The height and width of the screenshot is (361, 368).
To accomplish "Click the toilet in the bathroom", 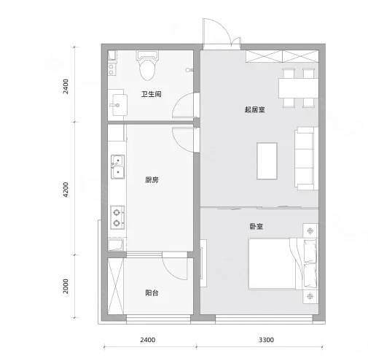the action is [x=147, y=65].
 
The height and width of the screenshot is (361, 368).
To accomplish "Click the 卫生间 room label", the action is [x=152, y=94].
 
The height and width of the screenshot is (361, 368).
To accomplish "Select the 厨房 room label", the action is [x=152, y=179].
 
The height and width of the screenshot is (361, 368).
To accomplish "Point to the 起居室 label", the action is [x=254, y=109].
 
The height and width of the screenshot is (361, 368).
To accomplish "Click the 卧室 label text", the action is [x=256, y=226].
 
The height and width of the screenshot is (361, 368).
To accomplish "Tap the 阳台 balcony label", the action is [x=152, y=292].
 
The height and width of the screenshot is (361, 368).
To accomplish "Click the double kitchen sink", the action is [x=118, y=166].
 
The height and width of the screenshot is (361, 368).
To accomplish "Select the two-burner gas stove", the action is [x=117, y=217].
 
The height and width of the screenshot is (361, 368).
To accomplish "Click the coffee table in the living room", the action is [x=267, y=161].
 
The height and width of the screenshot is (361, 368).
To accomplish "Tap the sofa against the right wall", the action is [x=306, y=158].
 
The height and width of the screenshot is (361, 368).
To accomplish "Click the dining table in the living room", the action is [x=299, y=88].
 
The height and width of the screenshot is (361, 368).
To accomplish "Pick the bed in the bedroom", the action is [x=283, y=263].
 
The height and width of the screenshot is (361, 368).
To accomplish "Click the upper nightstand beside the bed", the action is [x=310, y=230].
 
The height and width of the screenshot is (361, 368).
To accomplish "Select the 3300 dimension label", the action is [x=266, y=340].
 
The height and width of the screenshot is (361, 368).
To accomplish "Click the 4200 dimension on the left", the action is [x=66, y=190].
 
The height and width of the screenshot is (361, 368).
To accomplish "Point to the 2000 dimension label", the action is [x=66, y=286].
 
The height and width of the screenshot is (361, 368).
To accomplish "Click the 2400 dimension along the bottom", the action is [x=148, y=340].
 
